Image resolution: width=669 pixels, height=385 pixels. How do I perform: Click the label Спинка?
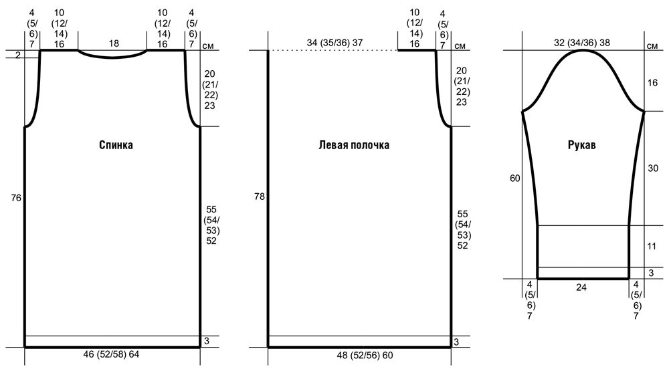click(116, 145)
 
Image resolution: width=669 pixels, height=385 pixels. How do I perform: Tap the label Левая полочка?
click(354, 145)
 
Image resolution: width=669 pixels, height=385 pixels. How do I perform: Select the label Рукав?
click(581, 145)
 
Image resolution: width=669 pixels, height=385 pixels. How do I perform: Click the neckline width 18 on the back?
click(114, 43)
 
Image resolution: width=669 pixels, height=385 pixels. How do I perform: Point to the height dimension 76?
click(16, 198)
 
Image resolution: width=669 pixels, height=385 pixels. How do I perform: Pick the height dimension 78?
click(260, 197)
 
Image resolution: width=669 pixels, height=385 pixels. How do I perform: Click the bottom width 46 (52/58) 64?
click(111, 354)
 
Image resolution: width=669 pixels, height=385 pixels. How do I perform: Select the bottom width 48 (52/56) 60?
click(365, 355)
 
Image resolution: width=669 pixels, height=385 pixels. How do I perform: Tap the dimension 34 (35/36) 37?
click(335, 43)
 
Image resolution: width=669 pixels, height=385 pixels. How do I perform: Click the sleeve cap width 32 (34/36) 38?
click(582, 43)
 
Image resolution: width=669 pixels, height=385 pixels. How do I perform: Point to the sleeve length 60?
click(515, 178)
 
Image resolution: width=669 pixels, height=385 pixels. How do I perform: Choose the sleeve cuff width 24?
click(581, 287)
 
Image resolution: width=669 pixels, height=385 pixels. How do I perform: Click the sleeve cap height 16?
click(653, 83)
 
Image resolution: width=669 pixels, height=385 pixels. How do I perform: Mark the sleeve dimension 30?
click(653, 168)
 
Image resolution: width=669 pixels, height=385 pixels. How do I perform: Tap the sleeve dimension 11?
click(652, 246)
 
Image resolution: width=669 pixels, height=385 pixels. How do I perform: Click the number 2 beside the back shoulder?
click(17, 55)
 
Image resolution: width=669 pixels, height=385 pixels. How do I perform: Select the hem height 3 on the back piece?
click(207, 341)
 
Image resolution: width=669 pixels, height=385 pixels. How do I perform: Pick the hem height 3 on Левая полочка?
click(456, 342)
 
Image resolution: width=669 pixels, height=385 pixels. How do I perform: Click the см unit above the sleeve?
click(652, 46)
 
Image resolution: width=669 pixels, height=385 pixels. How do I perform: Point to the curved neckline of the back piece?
click(112, 57)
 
